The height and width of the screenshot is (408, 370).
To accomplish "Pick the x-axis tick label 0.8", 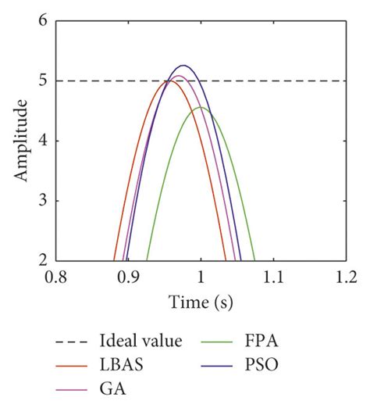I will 56,277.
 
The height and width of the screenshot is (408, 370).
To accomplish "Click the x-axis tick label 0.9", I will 129,277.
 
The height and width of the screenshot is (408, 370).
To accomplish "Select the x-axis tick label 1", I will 201,277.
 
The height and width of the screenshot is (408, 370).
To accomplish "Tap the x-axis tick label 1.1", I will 273,277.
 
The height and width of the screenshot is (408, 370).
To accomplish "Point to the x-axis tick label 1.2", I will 346,277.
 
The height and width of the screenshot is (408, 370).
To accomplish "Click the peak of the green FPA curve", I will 201,107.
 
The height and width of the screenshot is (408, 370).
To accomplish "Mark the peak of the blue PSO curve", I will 183,66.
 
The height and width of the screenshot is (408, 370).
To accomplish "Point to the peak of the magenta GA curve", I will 179,76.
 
